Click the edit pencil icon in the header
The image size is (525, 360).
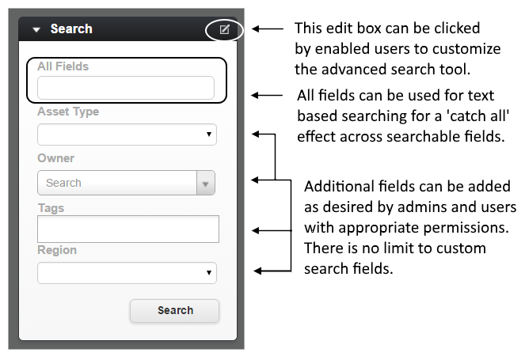point(224,29)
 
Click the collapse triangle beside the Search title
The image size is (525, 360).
point(36,30)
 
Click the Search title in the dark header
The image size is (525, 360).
point(71,29)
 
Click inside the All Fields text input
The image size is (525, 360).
point(126,88)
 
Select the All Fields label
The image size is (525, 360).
point(63,66)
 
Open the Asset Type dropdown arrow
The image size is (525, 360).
point(209,135)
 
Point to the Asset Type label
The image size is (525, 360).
point(68,112)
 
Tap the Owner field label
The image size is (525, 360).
point(56,158)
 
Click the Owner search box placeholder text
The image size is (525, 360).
point(63,183)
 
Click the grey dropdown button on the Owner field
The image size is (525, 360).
point(206,183)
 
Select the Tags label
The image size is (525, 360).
point(51,208)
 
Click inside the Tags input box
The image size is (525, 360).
point(128,229)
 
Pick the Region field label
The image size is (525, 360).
point(57,250)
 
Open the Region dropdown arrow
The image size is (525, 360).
point(209,273)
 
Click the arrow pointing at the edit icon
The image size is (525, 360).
point(268,28)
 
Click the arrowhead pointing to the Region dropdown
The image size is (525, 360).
point(257,271)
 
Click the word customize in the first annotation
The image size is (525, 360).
point(466,49)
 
